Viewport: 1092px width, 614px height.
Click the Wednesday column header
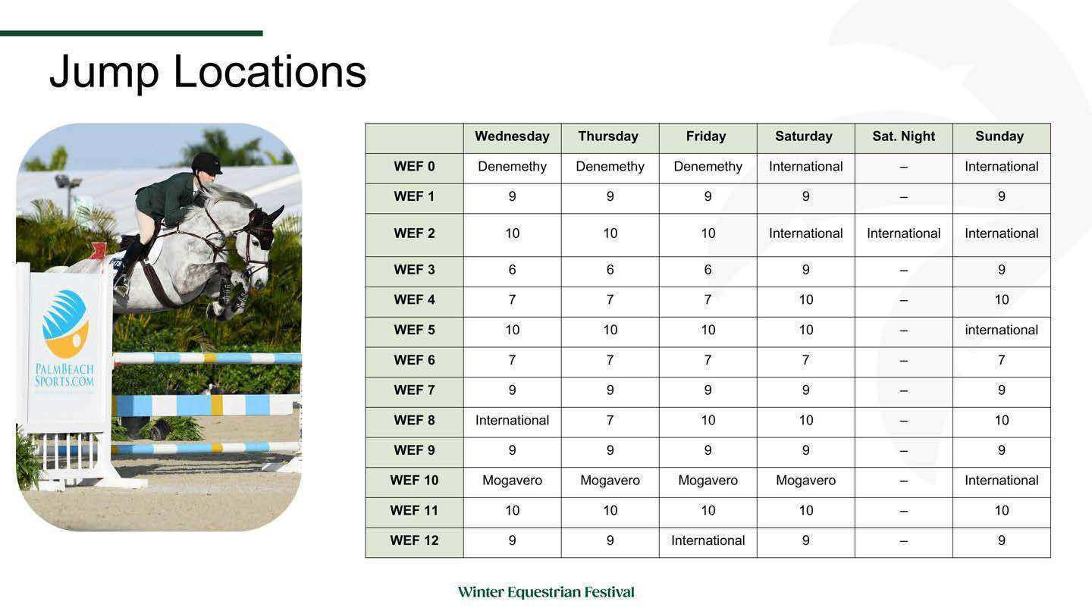(x=512, y=136)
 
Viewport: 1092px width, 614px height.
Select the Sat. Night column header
(x=903, y=136)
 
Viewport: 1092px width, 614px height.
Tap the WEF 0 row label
(x=414, y=167)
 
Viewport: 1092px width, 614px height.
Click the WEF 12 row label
(x=414, y=540)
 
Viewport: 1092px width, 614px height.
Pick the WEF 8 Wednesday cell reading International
(x=512, y=420)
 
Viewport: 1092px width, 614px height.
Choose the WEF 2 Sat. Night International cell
(x=903, y=233)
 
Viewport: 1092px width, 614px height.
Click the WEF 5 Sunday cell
(x=1001, y=330)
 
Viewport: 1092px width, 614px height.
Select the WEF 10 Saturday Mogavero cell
(x=805, y=481)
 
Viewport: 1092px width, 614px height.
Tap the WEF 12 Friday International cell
(x=708, y=540)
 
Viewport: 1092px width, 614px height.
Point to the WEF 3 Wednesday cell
(x=512, y=270)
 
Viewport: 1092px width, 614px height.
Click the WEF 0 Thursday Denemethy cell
(x=610, y=167)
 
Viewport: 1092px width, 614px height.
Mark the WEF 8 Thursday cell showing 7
(x=610, y=420)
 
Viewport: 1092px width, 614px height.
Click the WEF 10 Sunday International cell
(x=1001, y=481)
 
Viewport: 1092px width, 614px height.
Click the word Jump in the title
(x=105, y=73)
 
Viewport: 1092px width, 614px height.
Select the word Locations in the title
(x=270, y=71)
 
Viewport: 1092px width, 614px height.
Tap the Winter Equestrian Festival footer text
(x=546, y=592)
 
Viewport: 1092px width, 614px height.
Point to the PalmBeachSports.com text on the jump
(x=64, y=375)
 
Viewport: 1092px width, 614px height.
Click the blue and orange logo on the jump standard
(x=65, y=324)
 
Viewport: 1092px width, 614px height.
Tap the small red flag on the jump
(x=99, y=250)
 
